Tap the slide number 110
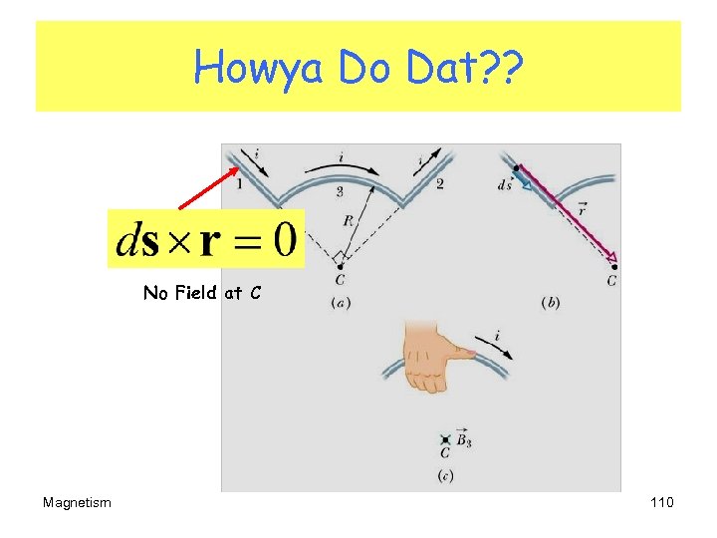(x=661, y=502)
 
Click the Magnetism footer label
(x=78, y=502)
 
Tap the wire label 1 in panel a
(x=239, y=182)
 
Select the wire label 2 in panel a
(x=439, y=183)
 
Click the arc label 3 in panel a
(x=340, y=189)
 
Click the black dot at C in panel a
(x=341, y=267)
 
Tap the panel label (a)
(x=340, y=303)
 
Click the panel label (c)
(x=445, y=476)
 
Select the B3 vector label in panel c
(x=465, y=437)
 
